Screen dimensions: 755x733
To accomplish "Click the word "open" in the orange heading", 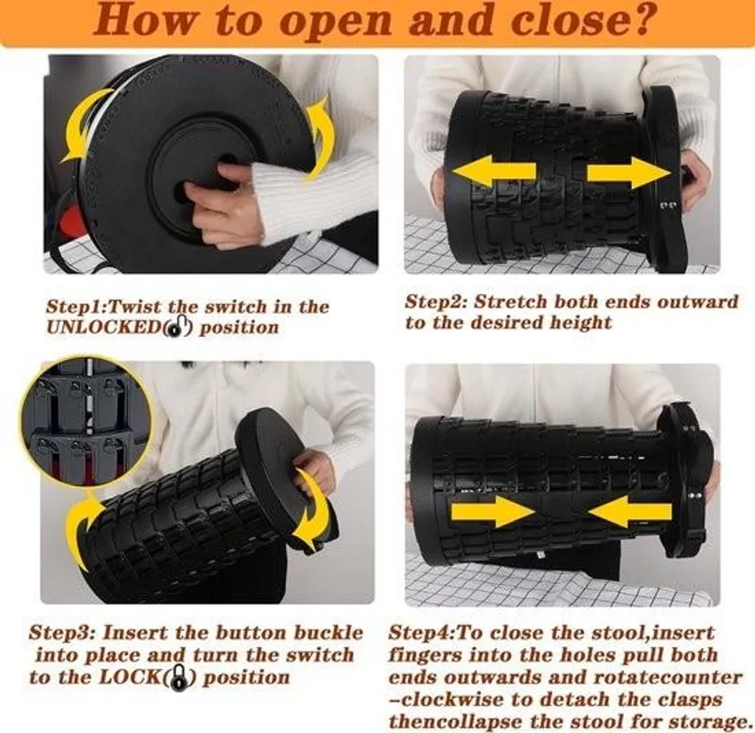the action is tap(336, 21).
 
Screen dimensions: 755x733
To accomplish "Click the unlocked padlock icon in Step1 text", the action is tap(178, 327).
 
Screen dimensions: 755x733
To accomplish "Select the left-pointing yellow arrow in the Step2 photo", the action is tap(494, 171).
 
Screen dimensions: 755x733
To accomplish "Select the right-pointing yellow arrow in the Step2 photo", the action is tap(628, 171).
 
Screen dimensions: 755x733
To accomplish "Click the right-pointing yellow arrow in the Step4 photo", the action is tap(493, 512).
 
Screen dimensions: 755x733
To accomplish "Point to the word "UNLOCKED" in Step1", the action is tap(103, 327).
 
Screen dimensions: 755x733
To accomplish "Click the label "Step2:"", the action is tap(436, 302).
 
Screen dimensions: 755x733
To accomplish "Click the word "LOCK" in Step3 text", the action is tap(128, 677).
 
